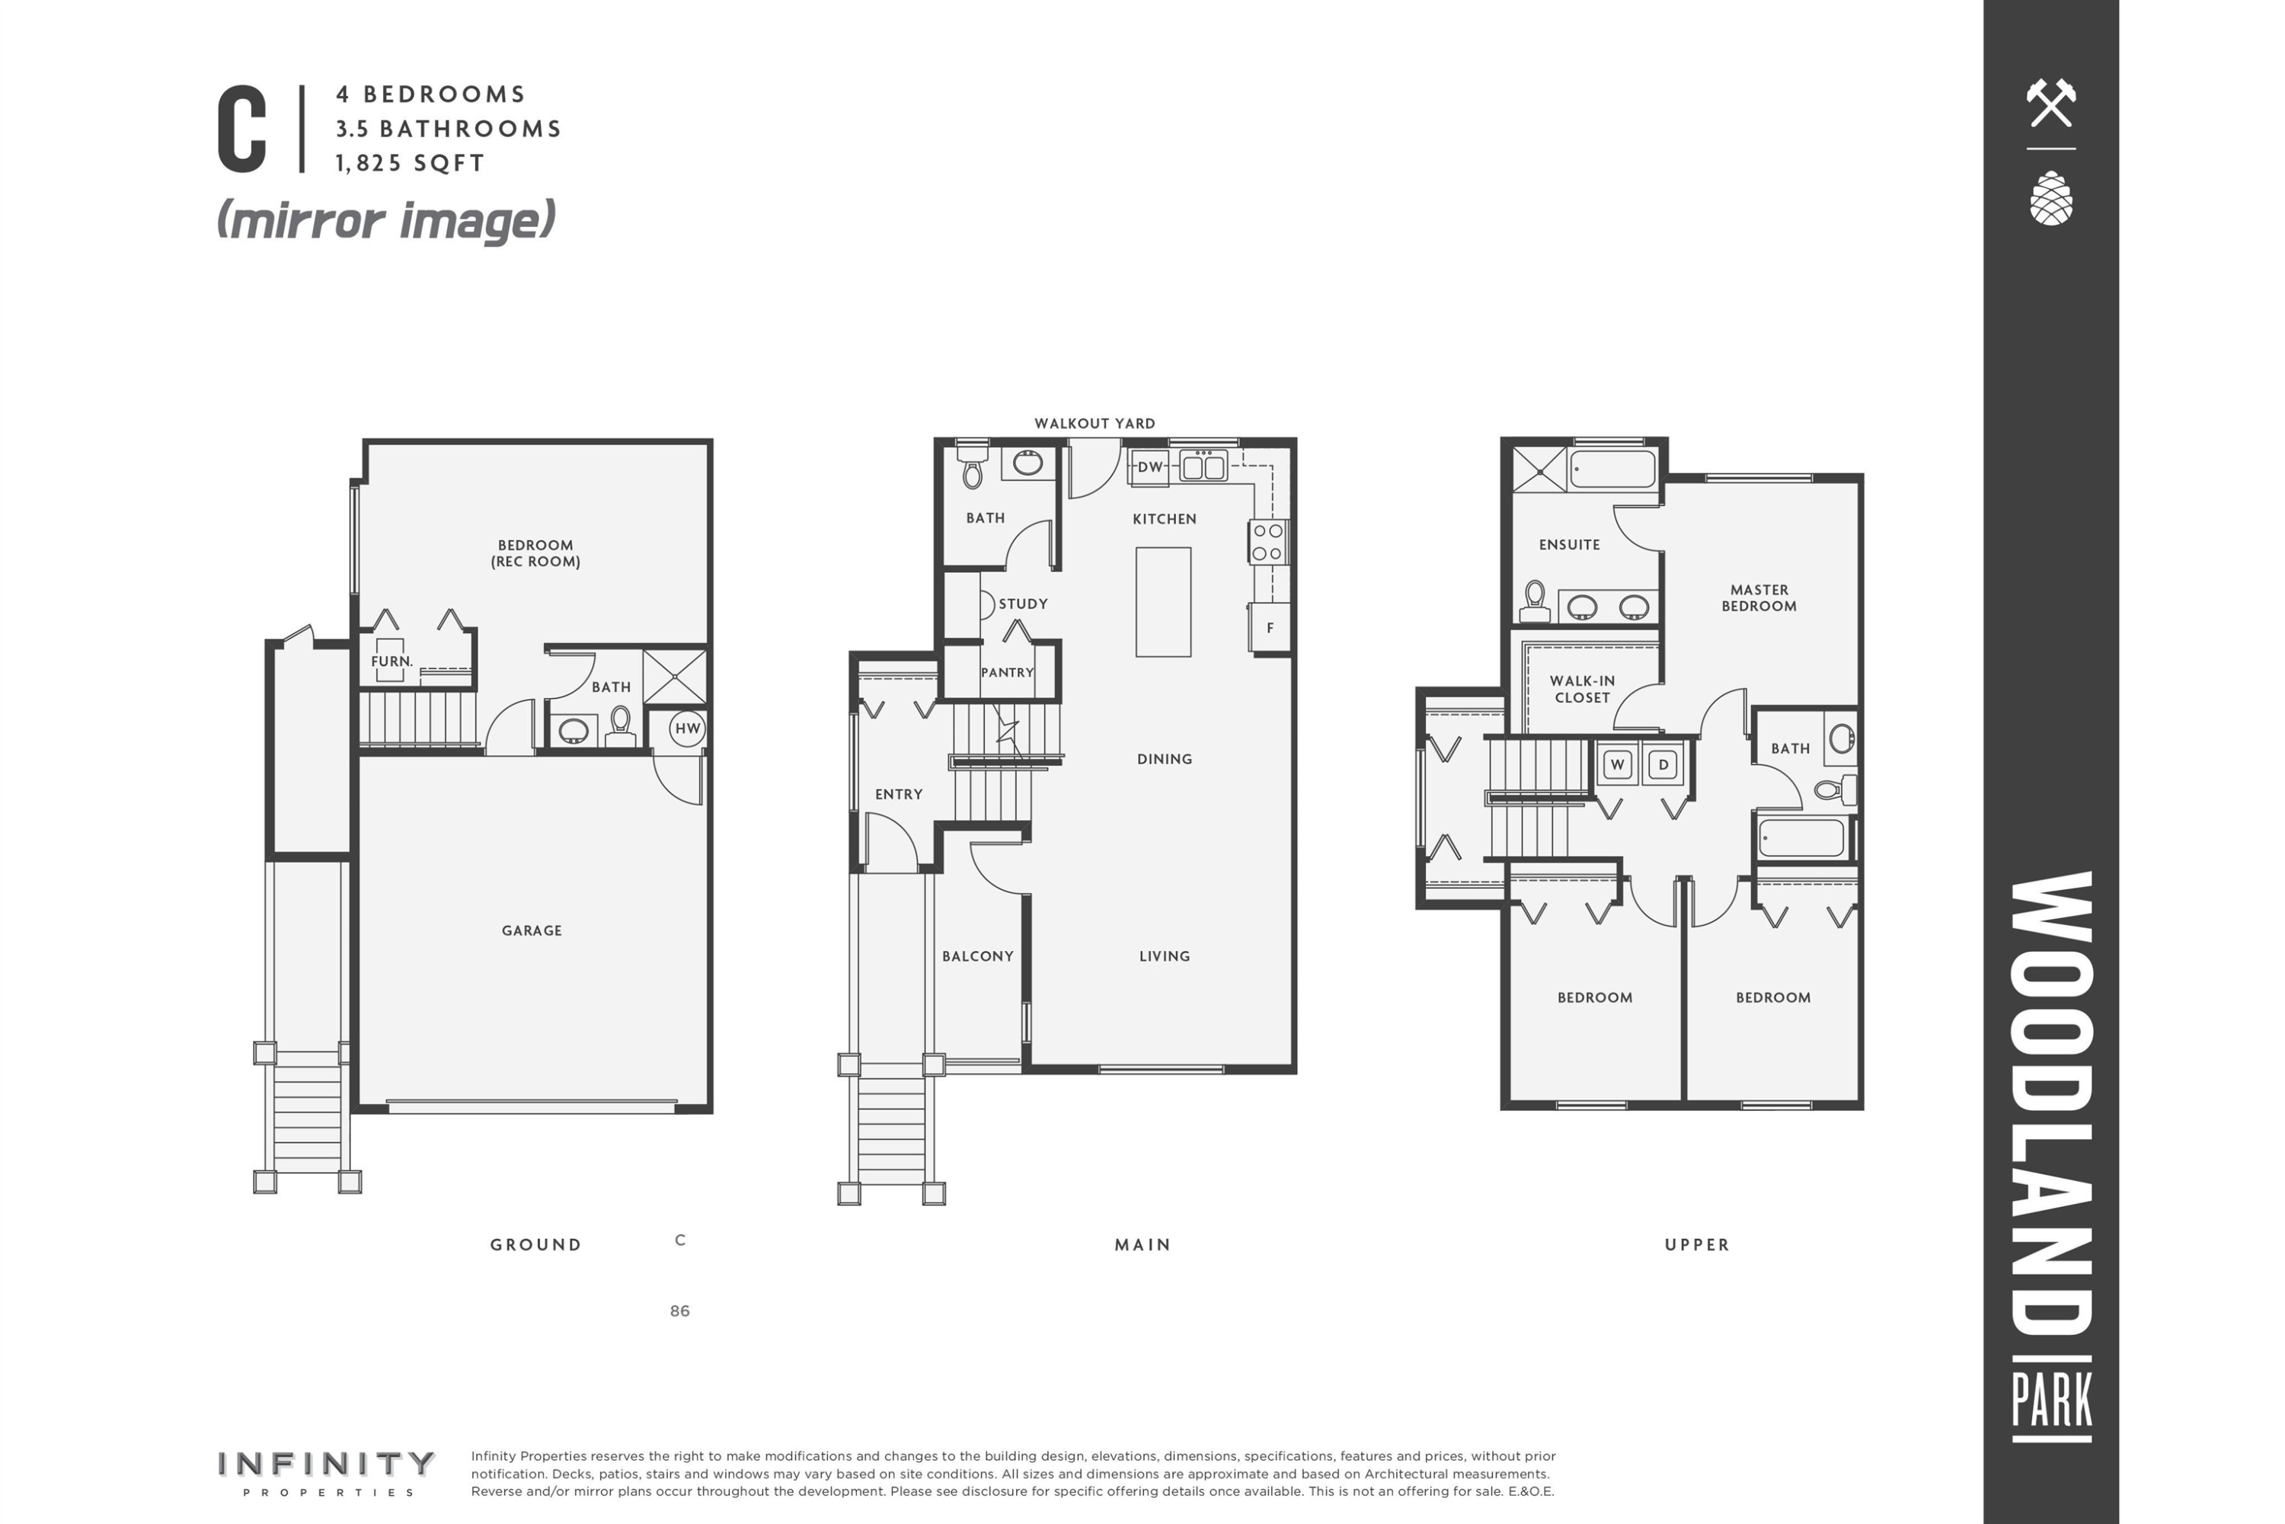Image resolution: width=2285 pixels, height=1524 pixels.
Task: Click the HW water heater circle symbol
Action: [x=687, y=728]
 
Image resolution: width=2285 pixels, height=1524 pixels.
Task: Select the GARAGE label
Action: [x=532, y=930]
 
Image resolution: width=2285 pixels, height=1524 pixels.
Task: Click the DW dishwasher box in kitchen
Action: [x=1150, y=466]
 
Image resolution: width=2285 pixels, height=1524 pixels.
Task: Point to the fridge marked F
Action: [x=1270, y=628]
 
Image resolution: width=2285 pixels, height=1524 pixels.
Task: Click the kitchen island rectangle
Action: [x=1163, y=602]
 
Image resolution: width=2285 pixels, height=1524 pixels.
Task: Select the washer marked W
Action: [x=1618, y=764]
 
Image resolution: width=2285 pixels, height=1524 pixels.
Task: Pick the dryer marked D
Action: [x=1663, y=764]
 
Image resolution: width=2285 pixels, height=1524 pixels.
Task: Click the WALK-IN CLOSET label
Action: [x=1582, y=689]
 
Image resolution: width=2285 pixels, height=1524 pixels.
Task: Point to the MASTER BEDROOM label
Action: [x=1759, y=597]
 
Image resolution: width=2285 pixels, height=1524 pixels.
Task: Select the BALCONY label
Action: [x=977, y=956]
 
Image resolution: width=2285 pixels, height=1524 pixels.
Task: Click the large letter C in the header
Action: [x=242, y=130]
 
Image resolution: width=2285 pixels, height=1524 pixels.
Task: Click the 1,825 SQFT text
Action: [x=410, y=163]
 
